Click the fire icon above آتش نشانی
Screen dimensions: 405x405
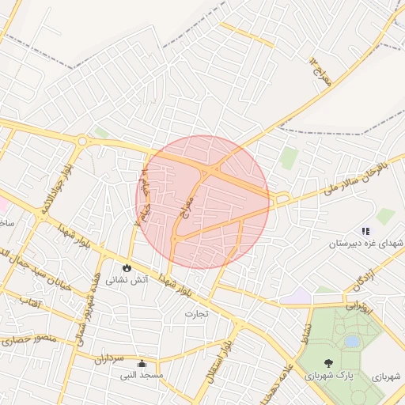pos(126,267)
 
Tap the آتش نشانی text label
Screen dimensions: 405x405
pos(127,279)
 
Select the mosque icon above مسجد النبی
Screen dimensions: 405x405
pos(142,364)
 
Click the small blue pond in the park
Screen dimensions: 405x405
pos(351,341)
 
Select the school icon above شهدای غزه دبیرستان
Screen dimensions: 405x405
pos(365,230)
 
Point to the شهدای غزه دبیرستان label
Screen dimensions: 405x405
pos(366,242)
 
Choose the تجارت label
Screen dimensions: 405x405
pos(195,313)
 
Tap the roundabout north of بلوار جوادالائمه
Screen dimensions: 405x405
pos(82,142)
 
